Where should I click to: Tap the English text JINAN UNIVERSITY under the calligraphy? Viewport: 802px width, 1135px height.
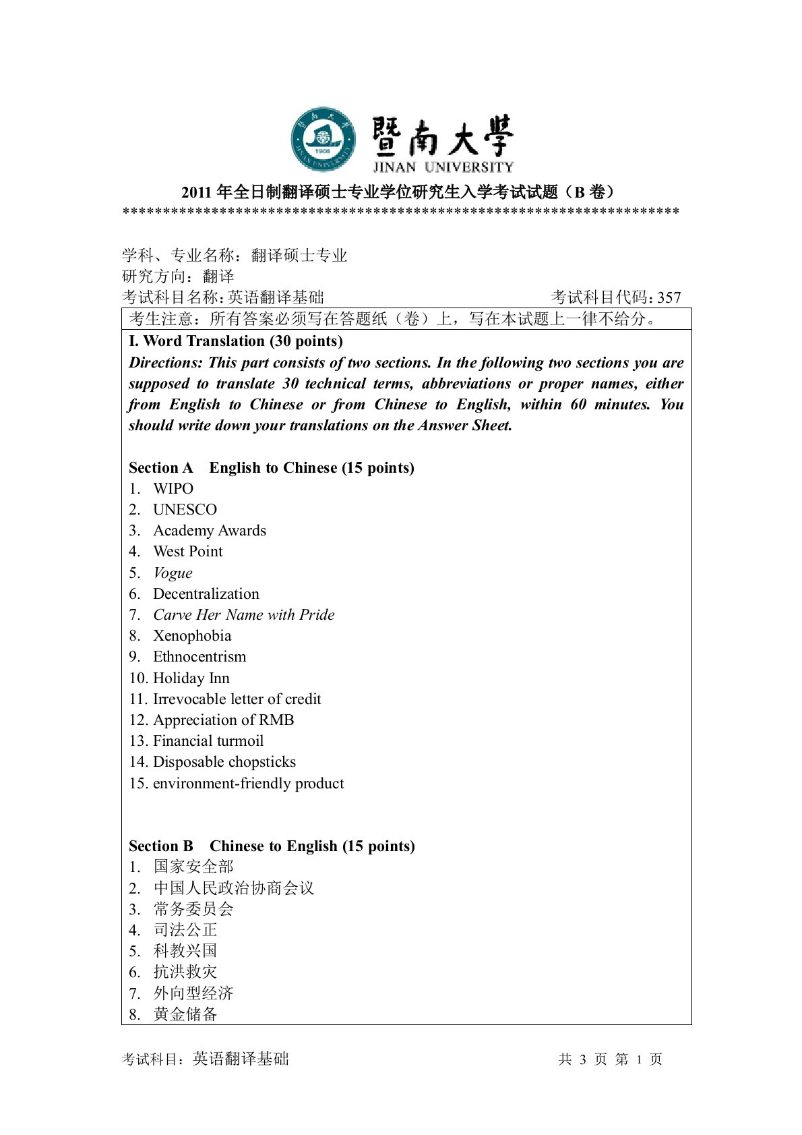click(x=443, y=167)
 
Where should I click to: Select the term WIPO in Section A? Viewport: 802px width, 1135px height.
click(x=173, y=488)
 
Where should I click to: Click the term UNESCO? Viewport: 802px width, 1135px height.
click(x=185, y=509)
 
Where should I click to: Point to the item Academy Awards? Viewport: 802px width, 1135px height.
click(x=210, y=530)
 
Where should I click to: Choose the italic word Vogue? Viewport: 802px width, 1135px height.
click(x=173, y=573)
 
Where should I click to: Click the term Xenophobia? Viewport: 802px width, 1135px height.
click(x=192, y=635)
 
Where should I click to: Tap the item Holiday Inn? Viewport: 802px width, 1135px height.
click(x=191, y=678)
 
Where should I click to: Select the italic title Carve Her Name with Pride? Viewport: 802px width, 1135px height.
click(x=244, y=614)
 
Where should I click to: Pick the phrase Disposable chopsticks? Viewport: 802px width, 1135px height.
click(x=224, y=761)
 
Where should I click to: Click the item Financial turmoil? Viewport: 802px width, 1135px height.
click(x=208, y=740)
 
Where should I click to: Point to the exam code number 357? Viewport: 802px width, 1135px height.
click(x=669, y=297)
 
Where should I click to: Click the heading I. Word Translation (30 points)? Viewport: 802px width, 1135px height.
click(x=236, y=341)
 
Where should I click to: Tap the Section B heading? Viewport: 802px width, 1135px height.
click(x=272, y=846)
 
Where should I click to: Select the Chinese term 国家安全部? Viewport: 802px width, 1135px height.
click(x=193, y=867)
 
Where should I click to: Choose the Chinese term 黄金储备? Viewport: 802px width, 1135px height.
click(x=185, y=1014)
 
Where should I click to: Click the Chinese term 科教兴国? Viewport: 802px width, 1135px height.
click(x=185, y=950)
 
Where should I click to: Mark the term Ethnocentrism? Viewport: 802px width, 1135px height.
click(x=199, y=656)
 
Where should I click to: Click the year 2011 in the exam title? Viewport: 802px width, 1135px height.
click(x=197, y=192)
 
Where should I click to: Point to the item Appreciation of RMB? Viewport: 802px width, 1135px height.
click(x=224, y=720)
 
